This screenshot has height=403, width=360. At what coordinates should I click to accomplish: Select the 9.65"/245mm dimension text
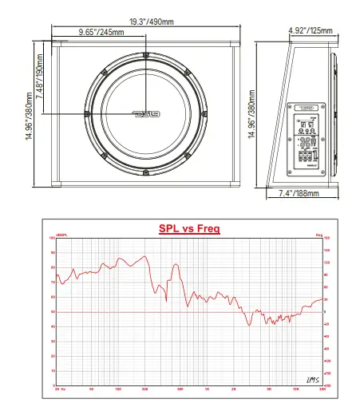click(x=100, y=34)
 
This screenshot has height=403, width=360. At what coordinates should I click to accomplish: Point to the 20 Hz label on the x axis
click(x=59, y=389)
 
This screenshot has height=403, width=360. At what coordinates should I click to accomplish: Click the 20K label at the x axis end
click(x=322, y=389)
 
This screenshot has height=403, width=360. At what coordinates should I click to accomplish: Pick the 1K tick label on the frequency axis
click(x=207, y=389)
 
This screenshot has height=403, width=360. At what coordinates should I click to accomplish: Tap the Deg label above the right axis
click(x=319, y=235)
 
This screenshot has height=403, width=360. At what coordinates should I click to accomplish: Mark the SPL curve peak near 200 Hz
click(x=144, y=256)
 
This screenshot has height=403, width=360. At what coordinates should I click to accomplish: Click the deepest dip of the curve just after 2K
click(x=249, y=325)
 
